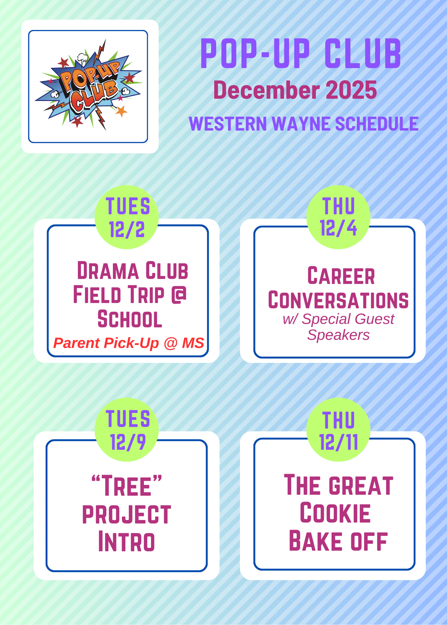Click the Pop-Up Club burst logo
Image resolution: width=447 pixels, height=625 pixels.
[89, 85]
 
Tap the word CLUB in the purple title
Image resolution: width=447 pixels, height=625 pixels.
[363, 53]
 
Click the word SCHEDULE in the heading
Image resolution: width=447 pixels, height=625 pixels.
[377, 124]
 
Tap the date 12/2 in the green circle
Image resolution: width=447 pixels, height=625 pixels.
[127, 229]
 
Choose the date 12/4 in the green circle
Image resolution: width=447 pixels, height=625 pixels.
[338, 228]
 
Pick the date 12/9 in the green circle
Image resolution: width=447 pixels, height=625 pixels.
[128, 442]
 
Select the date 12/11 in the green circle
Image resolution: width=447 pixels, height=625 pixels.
[338, 442]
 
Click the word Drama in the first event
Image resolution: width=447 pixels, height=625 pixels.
[108, 270]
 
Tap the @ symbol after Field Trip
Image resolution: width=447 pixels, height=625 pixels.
[179, 295]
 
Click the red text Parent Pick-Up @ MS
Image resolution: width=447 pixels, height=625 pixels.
[129, 343]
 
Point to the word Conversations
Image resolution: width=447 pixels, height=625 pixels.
[338, 300]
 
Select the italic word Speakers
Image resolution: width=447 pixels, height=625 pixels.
[338, 335]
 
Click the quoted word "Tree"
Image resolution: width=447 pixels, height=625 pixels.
[127, 485]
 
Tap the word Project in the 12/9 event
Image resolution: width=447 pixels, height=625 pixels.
[127, 514]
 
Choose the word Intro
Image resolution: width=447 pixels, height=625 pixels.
[126, 541]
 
